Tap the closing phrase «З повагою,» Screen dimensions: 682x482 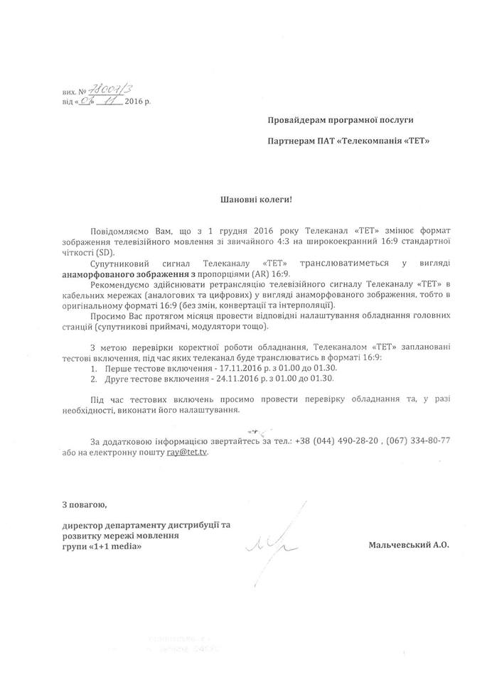pyautogui.click(x=85, y=505)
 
